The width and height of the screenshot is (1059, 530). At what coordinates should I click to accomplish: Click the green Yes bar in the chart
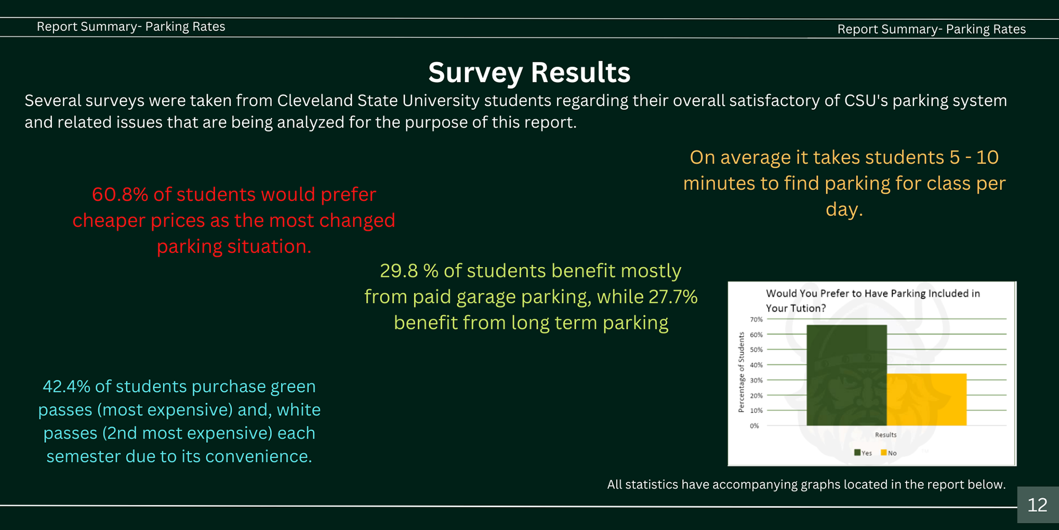pyautogui.click(x=846, y=375)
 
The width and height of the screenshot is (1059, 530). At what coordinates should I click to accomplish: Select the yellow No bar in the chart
pyautogui.click(x=927, y=400)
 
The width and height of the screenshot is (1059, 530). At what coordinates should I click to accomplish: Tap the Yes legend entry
pyautogui.click(x=863, y=453)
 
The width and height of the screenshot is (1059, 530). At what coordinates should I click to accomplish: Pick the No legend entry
pyautogui.click(x=889, y=453)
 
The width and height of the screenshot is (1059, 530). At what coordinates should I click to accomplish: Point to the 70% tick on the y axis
pyautogui.click(x=756, y=320)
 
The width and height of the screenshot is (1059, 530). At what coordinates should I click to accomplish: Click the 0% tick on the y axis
pyautogui.click(x=755, y=426)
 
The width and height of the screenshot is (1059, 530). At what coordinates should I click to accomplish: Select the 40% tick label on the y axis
pyautogui.click(x=756, y=365)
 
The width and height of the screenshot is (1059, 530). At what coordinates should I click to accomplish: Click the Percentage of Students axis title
pyautogui.click(x=741, y=372)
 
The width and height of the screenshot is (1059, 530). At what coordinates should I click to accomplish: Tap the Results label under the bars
pyautogui.click(x=886, y=435)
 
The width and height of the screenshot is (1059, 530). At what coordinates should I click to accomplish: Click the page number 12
pyautogui.click(x=1037, y=505)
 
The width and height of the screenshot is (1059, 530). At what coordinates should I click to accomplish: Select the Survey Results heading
pyautogui.click(x=529, y=72)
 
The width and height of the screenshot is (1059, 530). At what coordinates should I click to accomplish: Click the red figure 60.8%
pyautogui.click(x=120, y=194)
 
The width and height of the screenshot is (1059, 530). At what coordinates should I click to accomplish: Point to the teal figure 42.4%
pyautogui.click(x=66, y=386)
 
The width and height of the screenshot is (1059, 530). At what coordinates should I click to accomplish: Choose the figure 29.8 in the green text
pyautogui.click(x=399, y=271)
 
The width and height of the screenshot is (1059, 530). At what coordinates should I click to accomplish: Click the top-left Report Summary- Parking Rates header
pyautogui.click(x=131, y=26)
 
